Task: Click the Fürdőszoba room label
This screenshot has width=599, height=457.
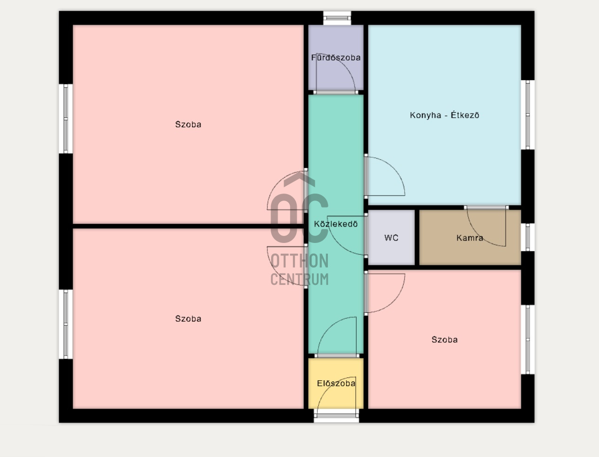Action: (336, 58)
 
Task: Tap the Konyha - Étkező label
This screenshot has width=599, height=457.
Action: (445, 115)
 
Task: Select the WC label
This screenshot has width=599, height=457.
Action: (391, 238)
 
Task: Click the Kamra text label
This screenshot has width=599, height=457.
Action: (470, 238)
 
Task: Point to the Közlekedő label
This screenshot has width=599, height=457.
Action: (336, 224)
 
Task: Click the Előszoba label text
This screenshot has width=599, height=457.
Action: (336, 383)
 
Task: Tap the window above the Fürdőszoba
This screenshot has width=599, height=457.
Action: (337, 18)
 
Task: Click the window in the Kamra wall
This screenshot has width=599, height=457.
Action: (528, 237)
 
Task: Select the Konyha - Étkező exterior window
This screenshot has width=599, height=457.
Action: (528, 114)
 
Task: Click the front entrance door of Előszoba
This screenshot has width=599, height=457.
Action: (337, 416)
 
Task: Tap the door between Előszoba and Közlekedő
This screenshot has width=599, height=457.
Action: (337, 356)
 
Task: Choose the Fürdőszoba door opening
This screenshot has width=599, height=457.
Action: (335, 92)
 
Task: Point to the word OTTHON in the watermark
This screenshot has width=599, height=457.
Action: (299, 261)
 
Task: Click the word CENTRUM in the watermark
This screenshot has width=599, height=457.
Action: (299, 279)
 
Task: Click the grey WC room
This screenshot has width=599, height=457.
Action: (391, 237)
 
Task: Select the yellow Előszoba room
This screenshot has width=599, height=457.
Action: (336, 383)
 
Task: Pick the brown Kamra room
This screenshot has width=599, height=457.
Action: (470, 237)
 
